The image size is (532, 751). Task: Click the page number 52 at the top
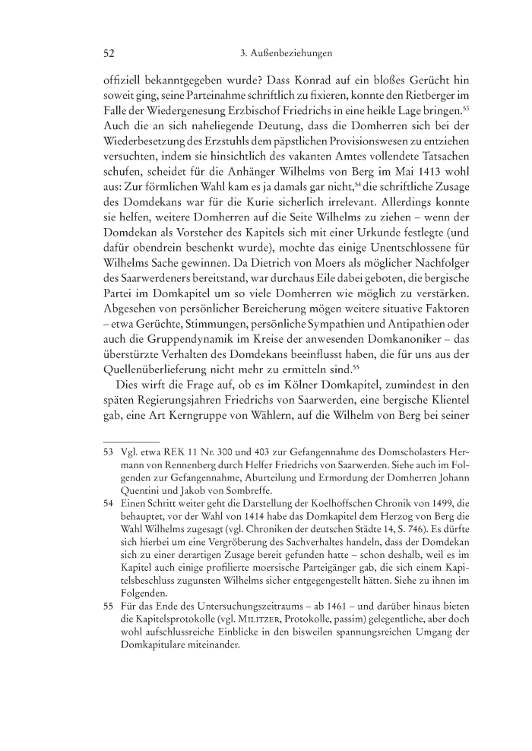[x=108, y=53]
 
